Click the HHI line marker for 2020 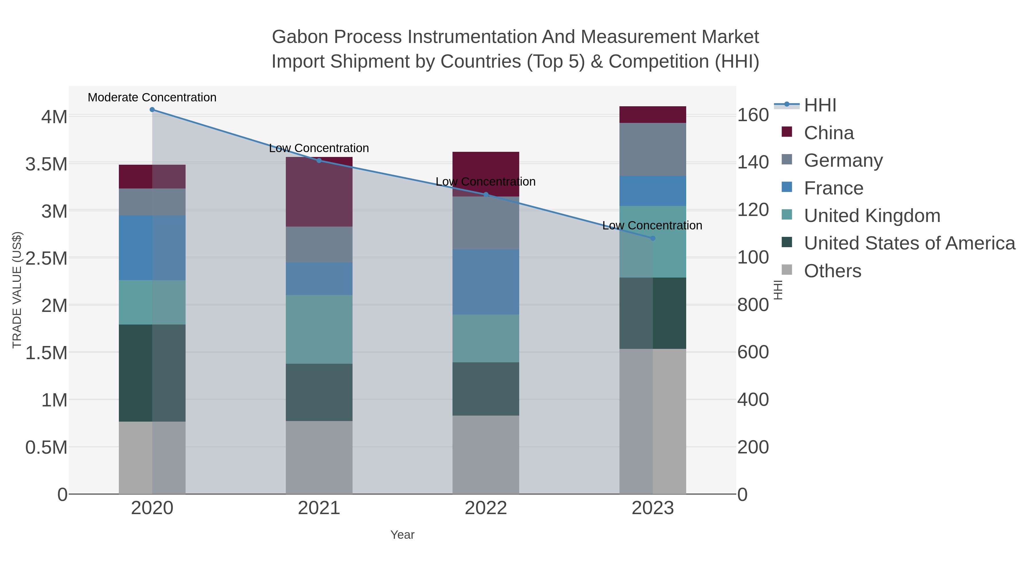coord(152,110)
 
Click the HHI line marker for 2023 coord(653,238)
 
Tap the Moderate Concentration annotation coord(152,97)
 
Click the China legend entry coord(829,133)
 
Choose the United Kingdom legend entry coord(872,216)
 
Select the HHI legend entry coord(820,105)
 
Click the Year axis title coord(402,535)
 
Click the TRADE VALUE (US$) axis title coord(17,290)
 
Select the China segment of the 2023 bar coord(652,115)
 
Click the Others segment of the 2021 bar coord(319,457)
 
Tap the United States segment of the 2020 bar coord(152,373)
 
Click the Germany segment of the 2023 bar coord(652,149)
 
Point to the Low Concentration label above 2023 coord(652,225)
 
